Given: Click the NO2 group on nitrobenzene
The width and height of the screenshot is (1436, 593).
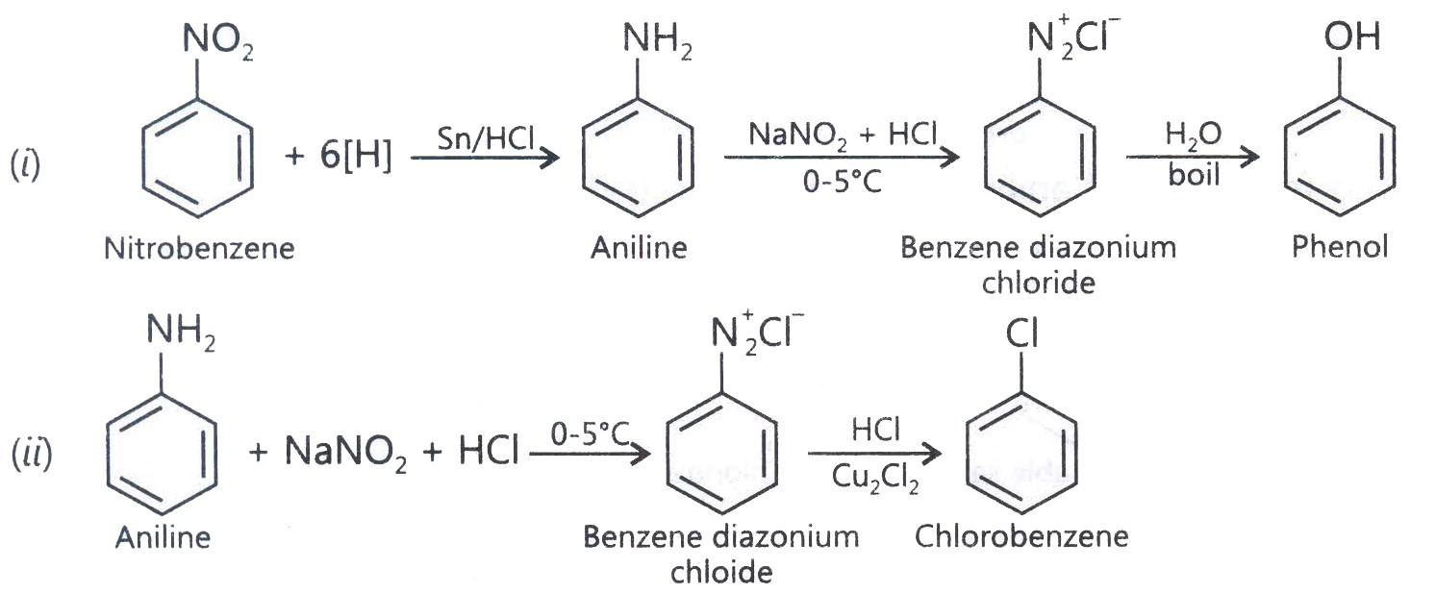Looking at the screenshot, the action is point(218,41).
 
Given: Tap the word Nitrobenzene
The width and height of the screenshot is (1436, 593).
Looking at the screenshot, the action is point(199,249).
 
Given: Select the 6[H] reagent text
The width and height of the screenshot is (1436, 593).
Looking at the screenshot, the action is point(356,155).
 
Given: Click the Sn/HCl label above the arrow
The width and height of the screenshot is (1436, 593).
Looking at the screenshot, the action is point(486,138).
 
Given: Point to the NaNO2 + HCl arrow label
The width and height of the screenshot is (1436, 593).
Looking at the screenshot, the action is point(843,136).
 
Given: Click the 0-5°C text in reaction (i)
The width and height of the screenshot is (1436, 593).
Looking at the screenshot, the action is point(843,183).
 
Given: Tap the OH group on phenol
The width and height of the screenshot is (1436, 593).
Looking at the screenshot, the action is point(1352,37).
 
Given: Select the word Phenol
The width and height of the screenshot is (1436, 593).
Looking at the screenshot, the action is point(1340,247).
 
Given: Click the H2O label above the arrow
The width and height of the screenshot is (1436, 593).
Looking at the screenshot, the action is point(1193,136).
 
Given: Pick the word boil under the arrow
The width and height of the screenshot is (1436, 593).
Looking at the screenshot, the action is point(1193,175).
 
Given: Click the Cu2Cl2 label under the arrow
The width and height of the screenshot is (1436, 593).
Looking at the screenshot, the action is point(875,478).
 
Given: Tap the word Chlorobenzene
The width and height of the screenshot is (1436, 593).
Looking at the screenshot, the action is point(1021,536).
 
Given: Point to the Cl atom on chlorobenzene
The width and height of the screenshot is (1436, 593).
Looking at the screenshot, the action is point(1021,334).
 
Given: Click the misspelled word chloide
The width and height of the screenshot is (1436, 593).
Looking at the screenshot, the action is point(721,572).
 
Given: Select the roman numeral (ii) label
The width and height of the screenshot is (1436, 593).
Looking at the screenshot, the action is point(32,454).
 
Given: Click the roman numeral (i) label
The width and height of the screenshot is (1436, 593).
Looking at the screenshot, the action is point(26,165).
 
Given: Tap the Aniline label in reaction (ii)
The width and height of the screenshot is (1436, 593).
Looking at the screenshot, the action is point(163,537).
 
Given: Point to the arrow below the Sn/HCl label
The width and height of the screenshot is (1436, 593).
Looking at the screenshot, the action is point(486,158).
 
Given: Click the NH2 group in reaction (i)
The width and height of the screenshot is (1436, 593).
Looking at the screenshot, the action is point(658,41).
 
